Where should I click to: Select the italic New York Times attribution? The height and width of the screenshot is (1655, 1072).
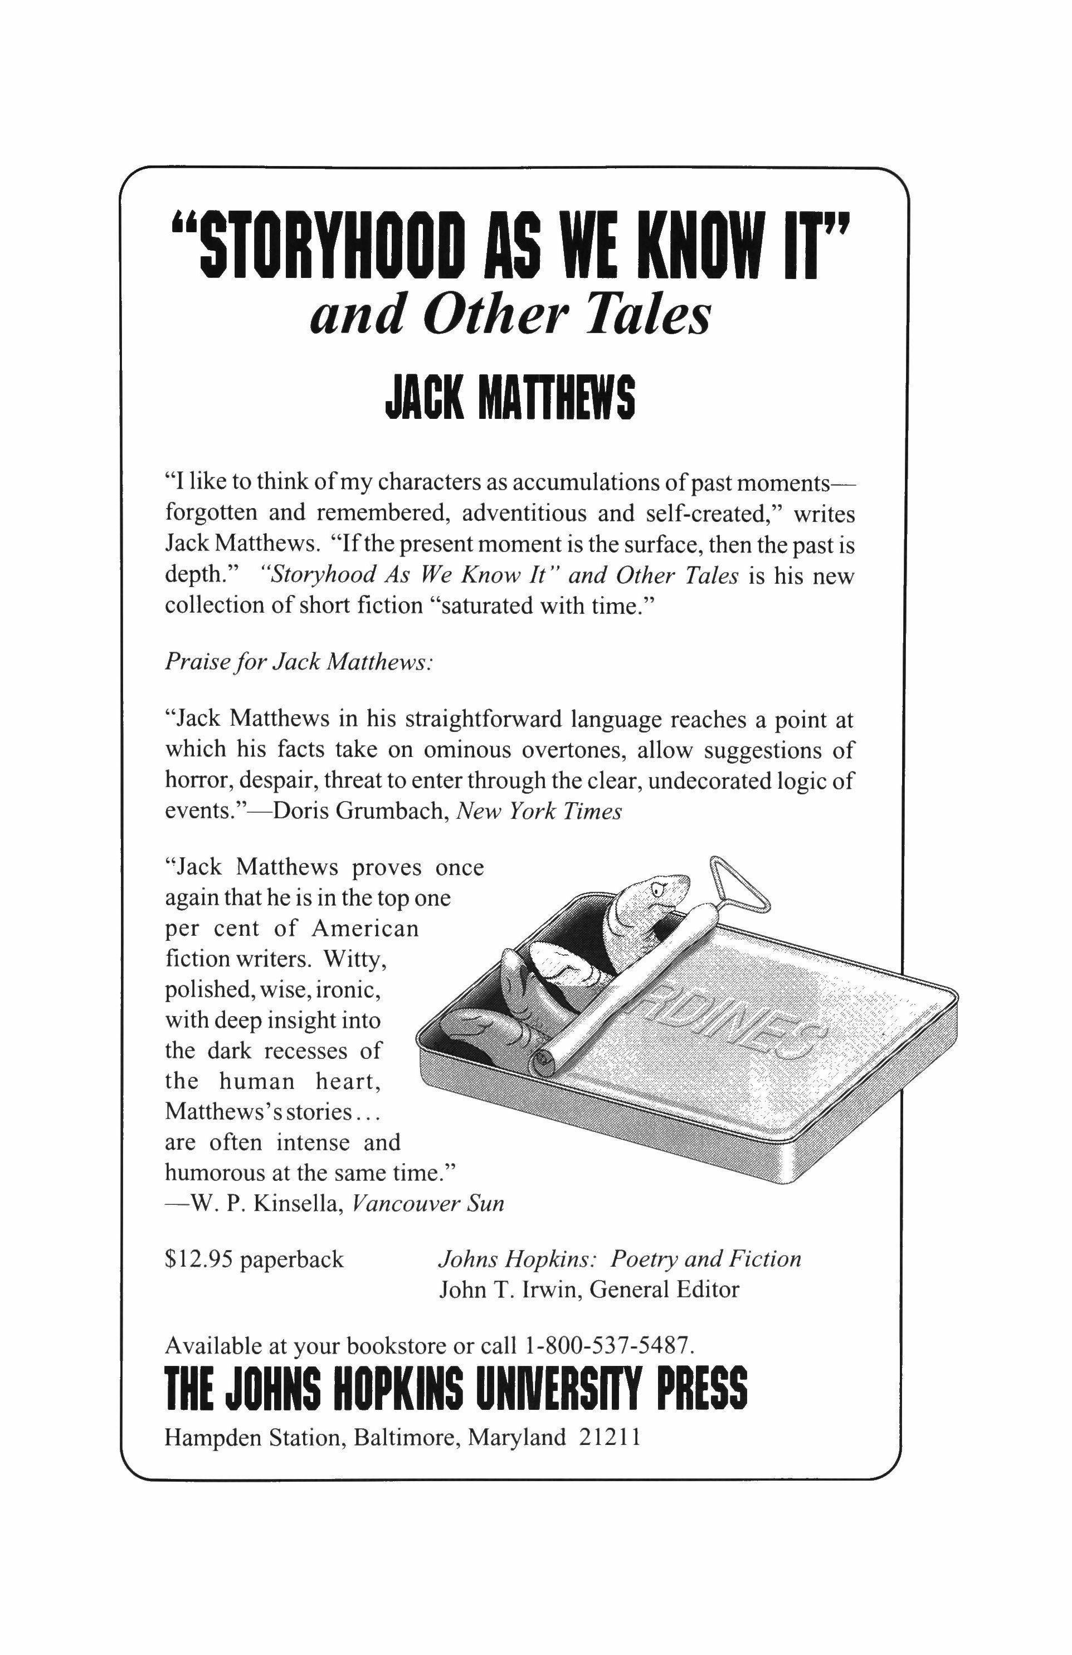click(x=538, y=812)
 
